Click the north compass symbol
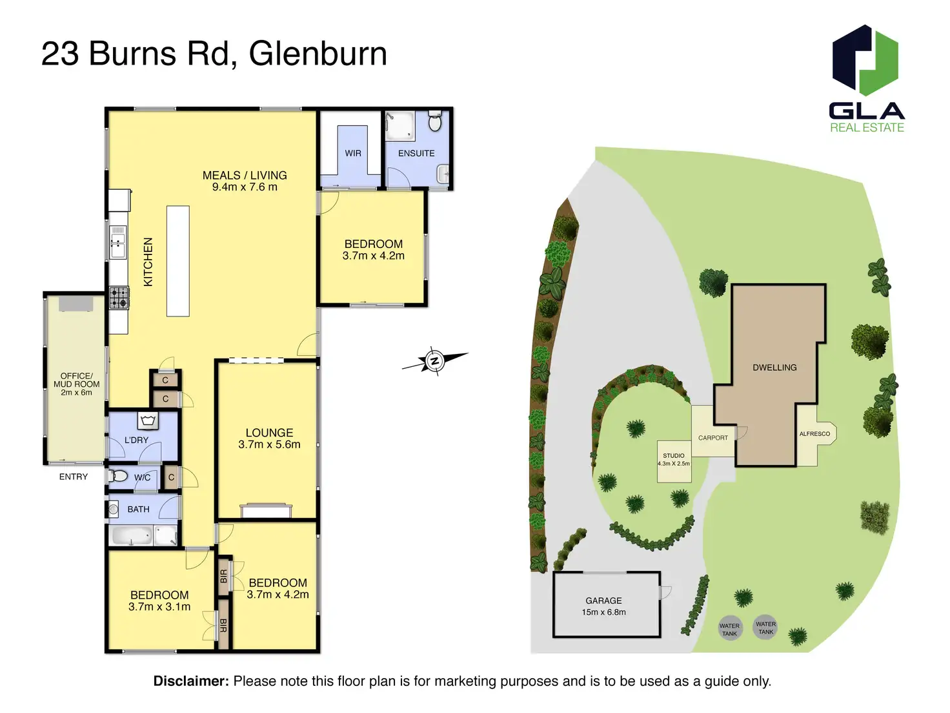click(x=434, y=361)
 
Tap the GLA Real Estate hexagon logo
click(x=865, y=60)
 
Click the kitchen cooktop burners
click(x=119, y=298)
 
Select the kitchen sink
click(x=117, y=242)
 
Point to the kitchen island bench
click(x=178, y=261)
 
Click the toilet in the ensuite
click(x=435, y=121)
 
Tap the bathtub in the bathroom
click(x=132, y=535)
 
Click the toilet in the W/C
click(x=119, y=477)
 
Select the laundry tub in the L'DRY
click(x=148, y=421)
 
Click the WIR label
click(x=353, y=153)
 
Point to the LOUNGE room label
click(x=269, y=433)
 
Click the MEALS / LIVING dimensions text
click(x=245, y=187)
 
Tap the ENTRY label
click(x=74, y=477)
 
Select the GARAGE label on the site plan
click(x=603, y=601)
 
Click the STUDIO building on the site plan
click(x=674, y=461)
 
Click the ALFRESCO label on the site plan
click(x=814, y=434)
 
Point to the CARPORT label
click(x=712, y=438)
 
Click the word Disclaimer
click(x=190, y=681)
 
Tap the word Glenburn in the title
click(x=318, y=54)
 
